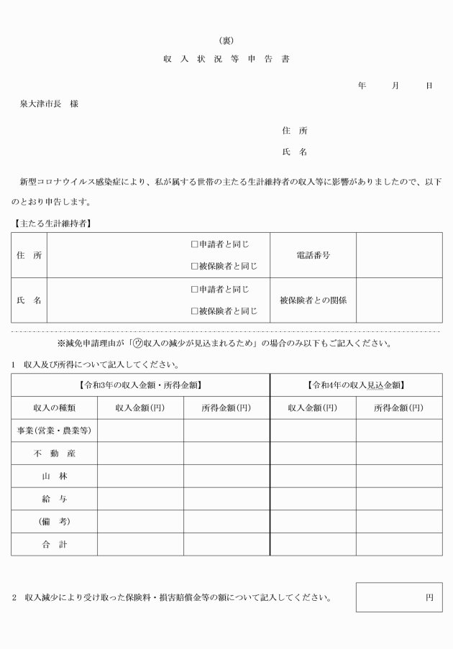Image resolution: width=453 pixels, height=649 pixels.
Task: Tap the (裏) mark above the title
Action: tap(226, 40)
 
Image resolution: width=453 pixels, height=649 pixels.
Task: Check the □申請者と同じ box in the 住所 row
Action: tap(194, 244)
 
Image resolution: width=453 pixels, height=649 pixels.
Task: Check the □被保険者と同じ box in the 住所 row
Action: tap(194, 267)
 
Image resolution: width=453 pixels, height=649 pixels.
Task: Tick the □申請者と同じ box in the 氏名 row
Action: tap(194, 289)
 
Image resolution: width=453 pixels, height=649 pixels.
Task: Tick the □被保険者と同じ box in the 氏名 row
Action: tap(194, 311)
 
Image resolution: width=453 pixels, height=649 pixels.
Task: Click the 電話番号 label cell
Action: tap(313, 255)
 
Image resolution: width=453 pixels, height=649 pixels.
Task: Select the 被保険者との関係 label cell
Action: tap(313, 300)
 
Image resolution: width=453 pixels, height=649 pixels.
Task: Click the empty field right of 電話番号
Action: tap(399, 255)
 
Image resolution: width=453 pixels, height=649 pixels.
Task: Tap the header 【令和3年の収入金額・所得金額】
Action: tap(140, 385)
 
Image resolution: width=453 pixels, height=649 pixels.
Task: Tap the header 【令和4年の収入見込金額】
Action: tap(356, 385)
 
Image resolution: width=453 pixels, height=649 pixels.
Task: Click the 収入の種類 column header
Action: tap(54, 408)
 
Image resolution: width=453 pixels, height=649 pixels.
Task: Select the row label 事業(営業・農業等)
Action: tap(54, 431)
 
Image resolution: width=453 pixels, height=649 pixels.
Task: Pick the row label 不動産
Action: tap(54, 454)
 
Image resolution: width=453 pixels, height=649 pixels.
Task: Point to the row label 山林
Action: tap(54, 477)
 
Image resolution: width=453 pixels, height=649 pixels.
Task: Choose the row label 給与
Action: tap(54, 499)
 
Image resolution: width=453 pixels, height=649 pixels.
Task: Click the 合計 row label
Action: tap(54, 544)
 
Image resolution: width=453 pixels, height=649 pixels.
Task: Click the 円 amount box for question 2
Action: tap(399, 597)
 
